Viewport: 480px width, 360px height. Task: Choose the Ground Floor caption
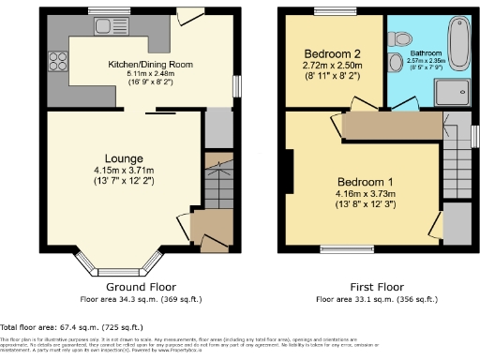(142, 287)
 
